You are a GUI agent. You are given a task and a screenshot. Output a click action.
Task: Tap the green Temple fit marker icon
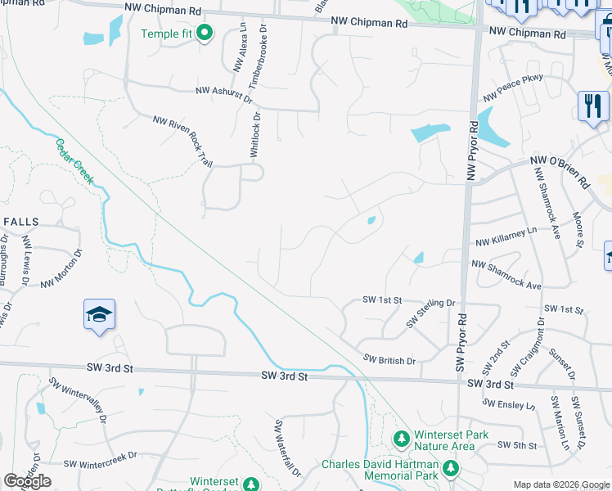(x=204, y=34)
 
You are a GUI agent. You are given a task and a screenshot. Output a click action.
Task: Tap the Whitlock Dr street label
(x=255, y=135)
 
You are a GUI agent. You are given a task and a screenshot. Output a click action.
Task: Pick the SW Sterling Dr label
(x=431, y=313)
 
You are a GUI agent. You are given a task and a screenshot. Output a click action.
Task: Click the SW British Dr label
(x=389, y=360)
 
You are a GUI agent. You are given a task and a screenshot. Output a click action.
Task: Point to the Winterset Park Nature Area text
(x=443, y=440)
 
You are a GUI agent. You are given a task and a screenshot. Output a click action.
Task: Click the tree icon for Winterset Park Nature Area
(x=402, y=439)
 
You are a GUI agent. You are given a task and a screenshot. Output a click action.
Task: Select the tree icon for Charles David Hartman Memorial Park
(x=449, y=469)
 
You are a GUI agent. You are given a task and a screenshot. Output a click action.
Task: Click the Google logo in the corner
(x=27, y=482)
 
